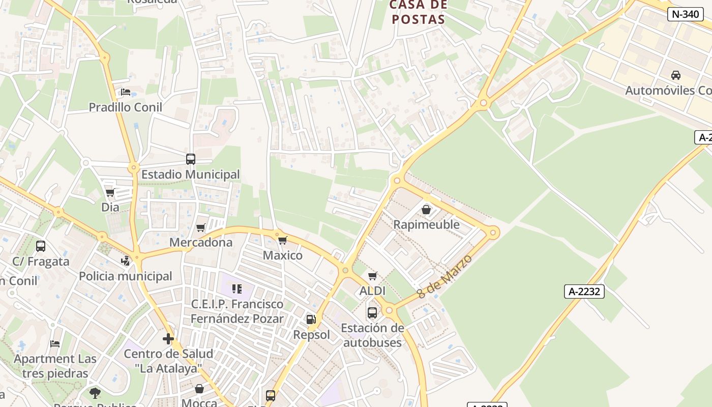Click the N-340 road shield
[x=685, y=14]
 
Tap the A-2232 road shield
[x=584, y=292]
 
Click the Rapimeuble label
[x=426, y=224]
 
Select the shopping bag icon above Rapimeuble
[x=426, y=210]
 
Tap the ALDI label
[x=372, y=291]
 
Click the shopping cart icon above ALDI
[x=373, y=276]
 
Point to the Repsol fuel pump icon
[x=311, y=319]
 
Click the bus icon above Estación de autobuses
[x=372, y=312]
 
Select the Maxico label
[x=282, y=255]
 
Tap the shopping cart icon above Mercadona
[x=201, y=227]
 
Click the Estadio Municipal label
[x=190, y=174]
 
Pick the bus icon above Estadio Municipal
[x=191, y=159]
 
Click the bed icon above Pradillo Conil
[x=126, y=93]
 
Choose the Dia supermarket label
[x=110, y=207]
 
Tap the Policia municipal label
[x=125, y=276]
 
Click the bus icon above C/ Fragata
[x=41, y=246]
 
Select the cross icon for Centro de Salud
[x=168, y=339]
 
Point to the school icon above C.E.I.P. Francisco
[x=237, y=289]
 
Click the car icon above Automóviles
[x=676, y=75]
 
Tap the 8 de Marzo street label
[x=444, y=277]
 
